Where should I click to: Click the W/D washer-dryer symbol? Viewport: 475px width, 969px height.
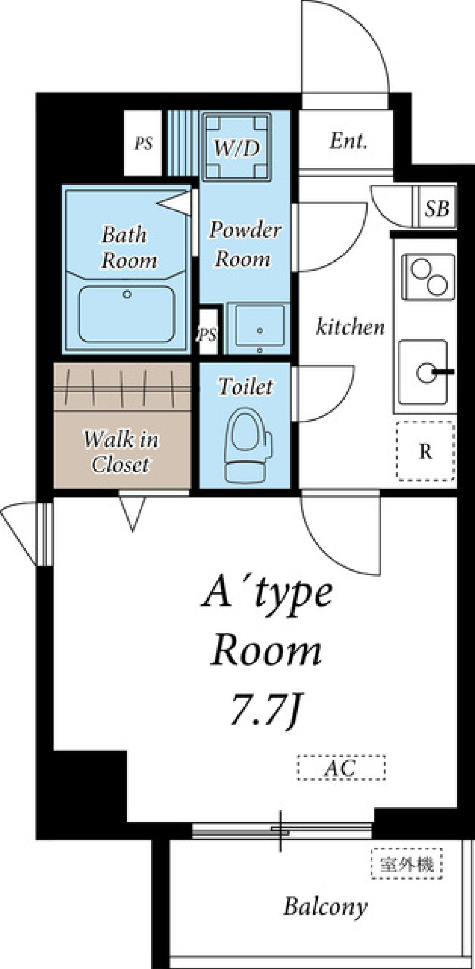pos(237,147)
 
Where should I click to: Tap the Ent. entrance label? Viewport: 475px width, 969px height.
pos(348,141)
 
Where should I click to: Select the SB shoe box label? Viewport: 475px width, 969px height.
pos(436,208)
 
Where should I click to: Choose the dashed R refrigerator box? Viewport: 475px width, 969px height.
pos(426,451)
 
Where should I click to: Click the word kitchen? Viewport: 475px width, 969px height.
pos(350,327)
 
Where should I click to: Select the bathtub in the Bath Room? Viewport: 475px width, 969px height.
pos(127,313)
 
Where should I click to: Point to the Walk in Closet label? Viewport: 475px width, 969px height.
pos(121,452)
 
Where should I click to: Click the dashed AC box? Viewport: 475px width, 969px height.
pos(341,767)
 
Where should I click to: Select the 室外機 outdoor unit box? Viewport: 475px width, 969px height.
pos(407,864)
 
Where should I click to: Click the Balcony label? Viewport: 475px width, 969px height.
pos(325,907)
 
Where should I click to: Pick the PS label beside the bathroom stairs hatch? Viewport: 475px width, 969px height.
pos(143,144)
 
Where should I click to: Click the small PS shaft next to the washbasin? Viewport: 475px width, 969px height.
pos(208,332)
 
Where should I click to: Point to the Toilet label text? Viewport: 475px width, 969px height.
pos(246,387)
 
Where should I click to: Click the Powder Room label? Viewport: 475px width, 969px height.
pos(244,245)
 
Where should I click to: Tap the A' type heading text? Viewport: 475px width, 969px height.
pos(267,594)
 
